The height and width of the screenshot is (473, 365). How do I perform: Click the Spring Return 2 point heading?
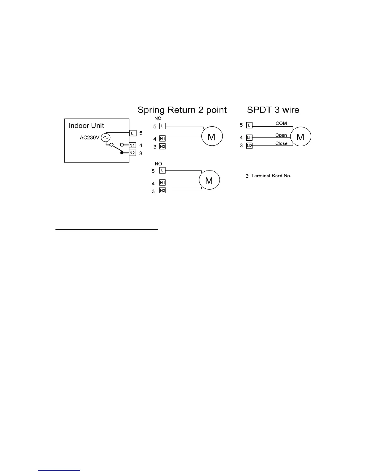coord(182,110)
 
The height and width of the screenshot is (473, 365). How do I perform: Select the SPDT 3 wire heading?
coord(273,110)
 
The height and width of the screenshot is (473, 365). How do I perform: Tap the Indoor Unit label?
coord(86,126)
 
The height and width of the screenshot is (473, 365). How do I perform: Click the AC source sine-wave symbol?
coord(105,137)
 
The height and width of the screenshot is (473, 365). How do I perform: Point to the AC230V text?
coord(89,138)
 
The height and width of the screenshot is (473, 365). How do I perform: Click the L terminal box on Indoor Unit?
coord(132,133)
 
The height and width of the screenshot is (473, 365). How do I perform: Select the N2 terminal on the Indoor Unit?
coord(132,153)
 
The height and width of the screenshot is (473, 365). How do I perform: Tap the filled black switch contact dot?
coord(122,153)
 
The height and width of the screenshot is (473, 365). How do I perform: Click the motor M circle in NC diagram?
coord(211,137)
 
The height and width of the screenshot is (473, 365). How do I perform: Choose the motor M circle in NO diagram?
coord(209,180)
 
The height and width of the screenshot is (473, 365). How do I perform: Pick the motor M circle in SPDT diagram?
coord(301,137)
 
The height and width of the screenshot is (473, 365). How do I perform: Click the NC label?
coord(158,119)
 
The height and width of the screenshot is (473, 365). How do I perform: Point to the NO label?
coord(158,164)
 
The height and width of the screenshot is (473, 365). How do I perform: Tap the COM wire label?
coord(281,123)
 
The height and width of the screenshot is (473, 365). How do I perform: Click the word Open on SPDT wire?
coord(281,135)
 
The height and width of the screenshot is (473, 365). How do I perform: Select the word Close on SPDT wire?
coord(281,143)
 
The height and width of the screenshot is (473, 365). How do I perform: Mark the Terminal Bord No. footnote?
coord(268,176)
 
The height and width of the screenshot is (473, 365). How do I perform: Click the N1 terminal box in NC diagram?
coord(162,139)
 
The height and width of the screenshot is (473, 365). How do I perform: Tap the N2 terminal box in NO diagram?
coord(162,191)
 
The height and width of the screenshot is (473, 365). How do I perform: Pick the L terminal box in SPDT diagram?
coord(249,125)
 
